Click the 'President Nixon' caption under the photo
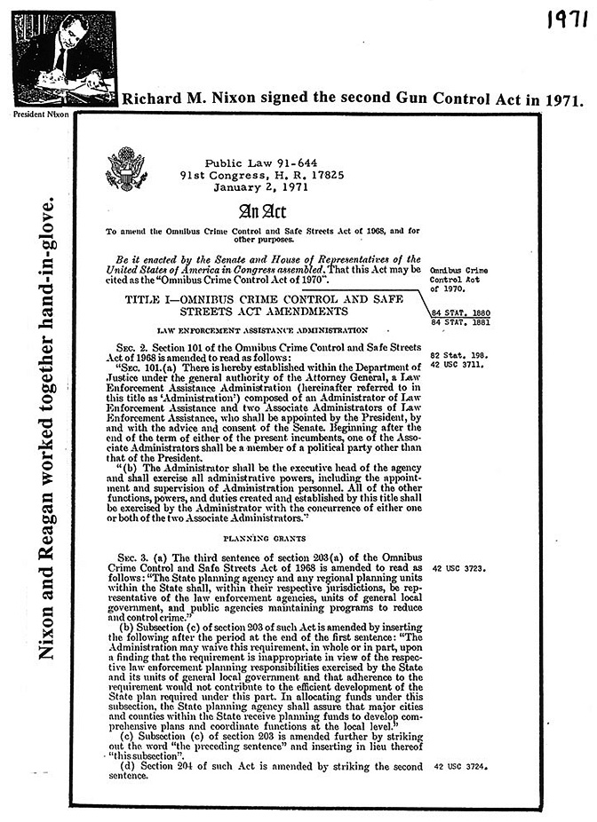pos(40,114)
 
